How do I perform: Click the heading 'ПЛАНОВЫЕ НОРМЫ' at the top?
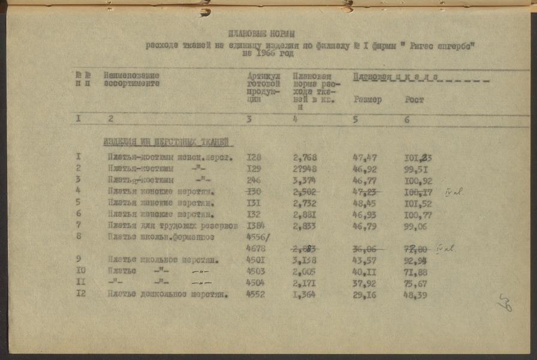tap(262, 34)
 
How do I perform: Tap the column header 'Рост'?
tap(414, 100)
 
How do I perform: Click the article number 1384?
tap(255, 226)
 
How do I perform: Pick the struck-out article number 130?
tap(255, 192)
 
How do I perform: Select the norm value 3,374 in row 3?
tap(304, 180)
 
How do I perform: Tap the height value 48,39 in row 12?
tap(417, 295)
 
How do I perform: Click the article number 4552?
tap(255, 295)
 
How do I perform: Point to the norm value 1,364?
tap(304, 295)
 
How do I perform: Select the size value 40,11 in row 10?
tap(364, 271)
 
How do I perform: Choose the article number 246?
tap(255, 180)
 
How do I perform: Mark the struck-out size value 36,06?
tap(364, 248)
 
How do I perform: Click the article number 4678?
tap(255, 248)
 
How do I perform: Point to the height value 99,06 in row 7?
tap(417, 226)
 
